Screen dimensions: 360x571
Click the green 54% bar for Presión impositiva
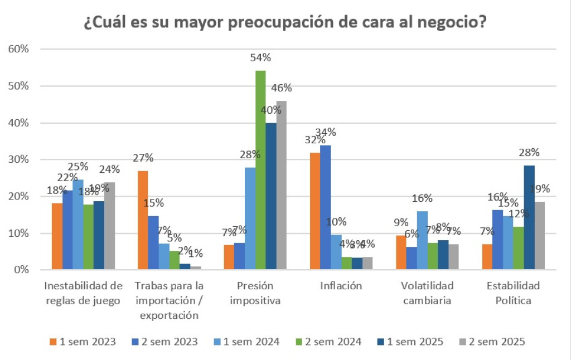click(x=260, y=170)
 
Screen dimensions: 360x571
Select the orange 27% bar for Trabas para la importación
click(x=143, y=220)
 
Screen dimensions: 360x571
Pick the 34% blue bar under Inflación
click(x=326, y=207)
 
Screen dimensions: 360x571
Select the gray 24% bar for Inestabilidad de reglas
click(x=109, y=226)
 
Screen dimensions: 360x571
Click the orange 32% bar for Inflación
click(x=316, y=211)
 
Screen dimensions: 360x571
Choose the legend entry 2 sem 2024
click(x=329, y=342)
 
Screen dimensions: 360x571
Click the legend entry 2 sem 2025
click(x=493, y=342)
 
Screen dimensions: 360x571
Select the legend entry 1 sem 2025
click(x=411, y=342)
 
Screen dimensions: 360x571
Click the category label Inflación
click(x=341, y=286)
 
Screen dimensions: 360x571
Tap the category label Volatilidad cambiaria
click(x=427, y=293)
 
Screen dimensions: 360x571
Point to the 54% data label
click(x=260, y=57)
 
